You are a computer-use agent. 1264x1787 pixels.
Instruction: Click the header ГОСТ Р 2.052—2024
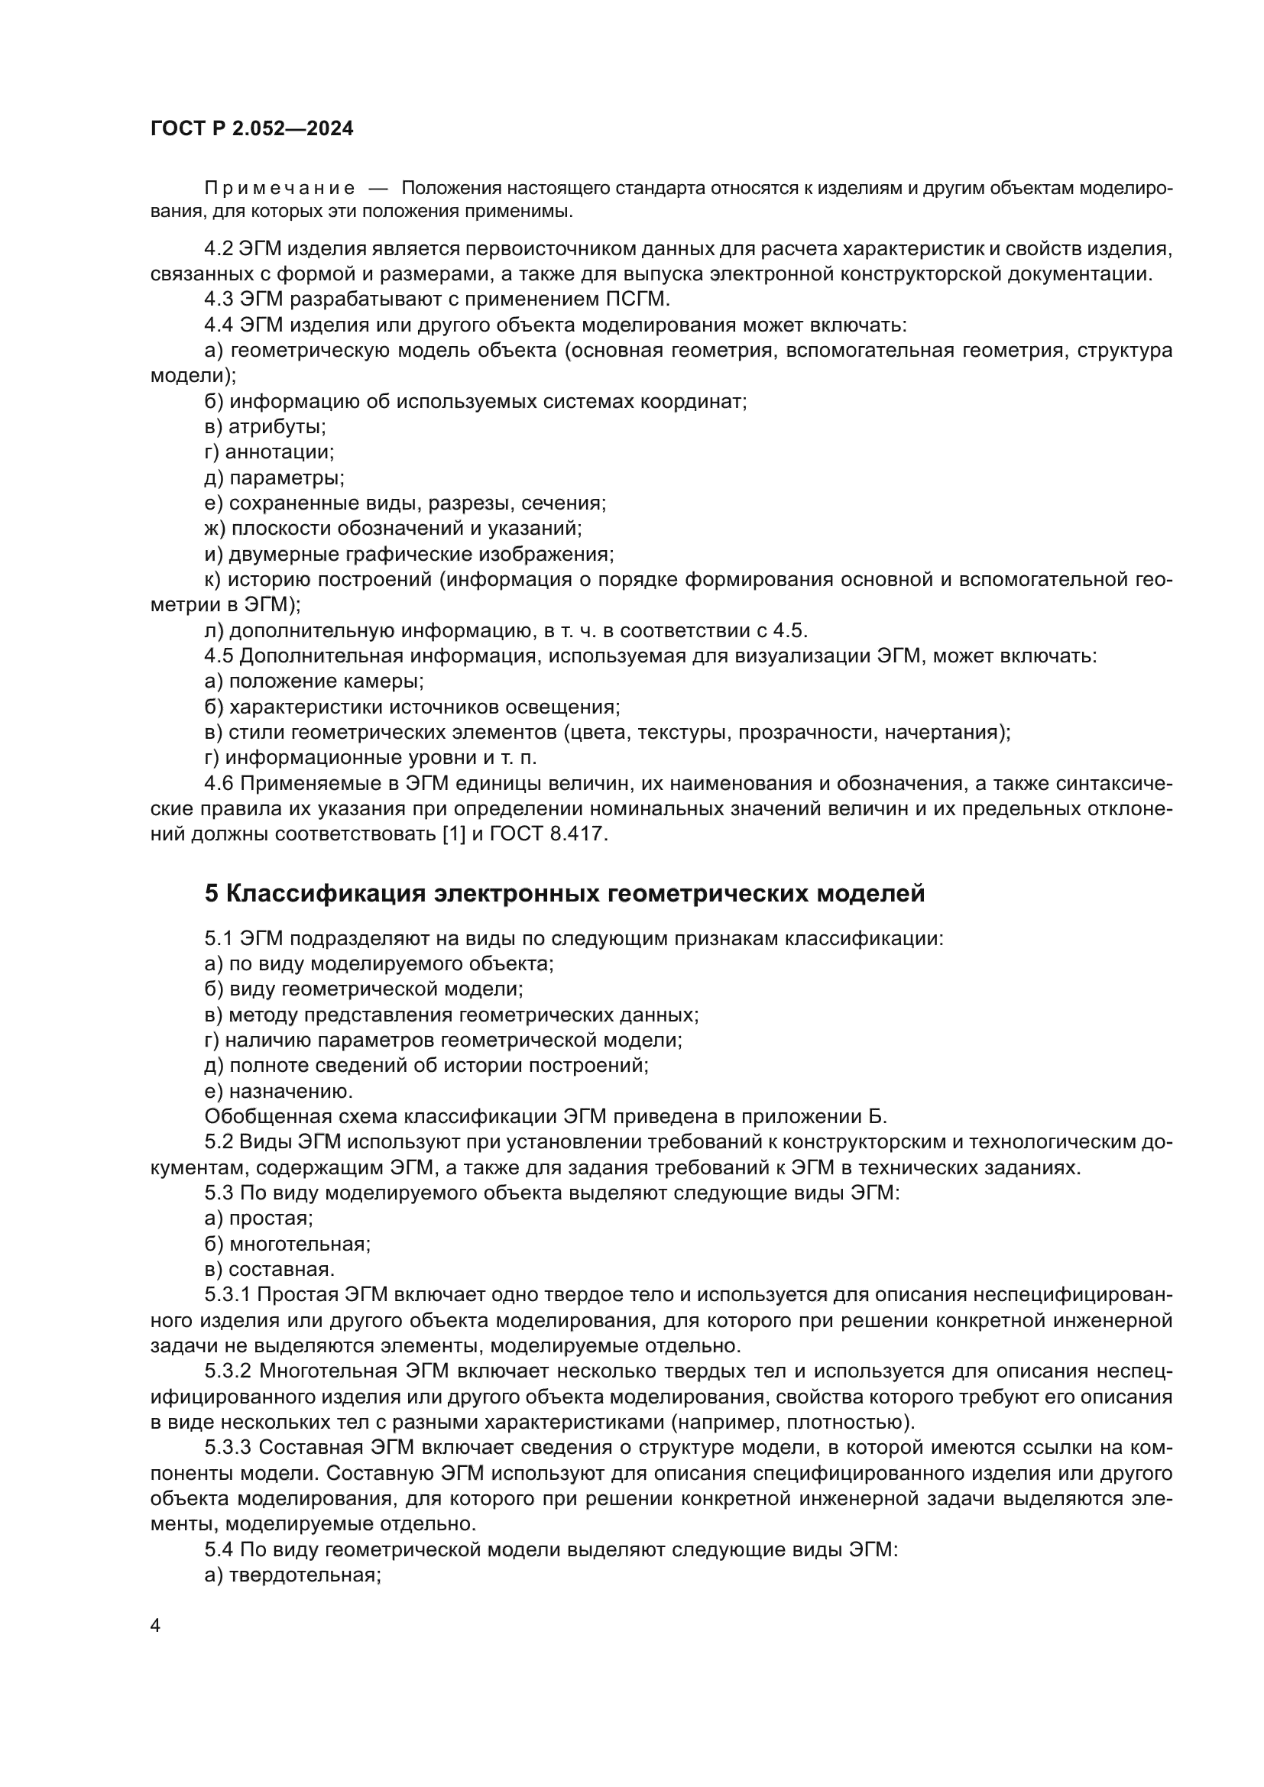[251, 129]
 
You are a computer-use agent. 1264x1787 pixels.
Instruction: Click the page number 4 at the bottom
[155, 1626]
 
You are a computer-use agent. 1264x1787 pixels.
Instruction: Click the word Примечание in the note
[280, 189]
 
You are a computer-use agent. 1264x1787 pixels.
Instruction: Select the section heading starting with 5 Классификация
[564, 892]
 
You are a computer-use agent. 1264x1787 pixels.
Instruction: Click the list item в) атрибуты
[264, 426]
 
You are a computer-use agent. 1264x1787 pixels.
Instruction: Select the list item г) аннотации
[268, 452]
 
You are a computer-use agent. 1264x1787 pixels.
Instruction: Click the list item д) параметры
[274, 478]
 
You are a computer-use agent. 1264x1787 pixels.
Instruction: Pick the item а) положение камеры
[313, 681]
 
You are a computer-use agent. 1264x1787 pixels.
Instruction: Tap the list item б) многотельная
[287, 1244]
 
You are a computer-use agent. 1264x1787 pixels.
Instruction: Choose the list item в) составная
[269, 1270]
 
